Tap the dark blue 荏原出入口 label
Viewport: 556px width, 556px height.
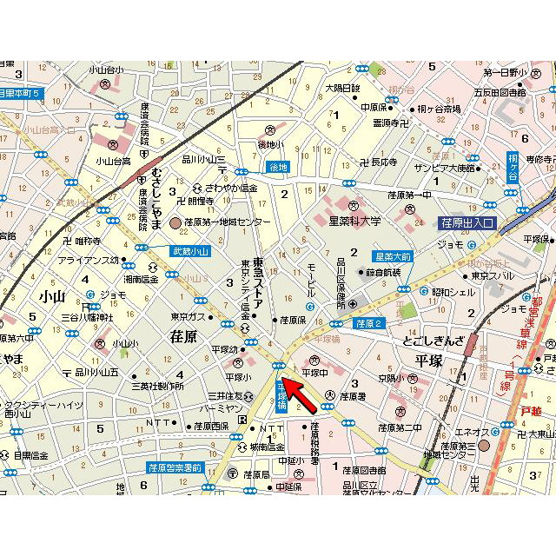coord(467,223)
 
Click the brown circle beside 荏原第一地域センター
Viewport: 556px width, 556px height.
coord(176,223)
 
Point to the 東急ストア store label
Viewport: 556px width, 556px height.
coord(258,278)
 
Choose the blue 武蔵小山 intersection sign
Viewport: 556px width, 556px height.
coord(190,251)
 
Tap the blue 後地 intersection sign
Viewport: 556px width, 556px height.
coord(277,167)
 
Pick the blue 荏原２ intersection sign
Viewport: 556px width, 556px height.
coord(368,323)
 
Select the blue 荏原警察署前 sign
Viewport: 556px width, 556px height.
coord(174,467)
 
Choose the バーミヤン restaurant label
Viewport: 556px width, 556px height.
coord(217,407)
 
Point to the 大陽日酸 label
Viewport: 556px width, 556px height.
coord(342,88)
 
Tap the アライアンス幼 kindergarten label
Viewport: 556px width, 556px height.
coord(89,259)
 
